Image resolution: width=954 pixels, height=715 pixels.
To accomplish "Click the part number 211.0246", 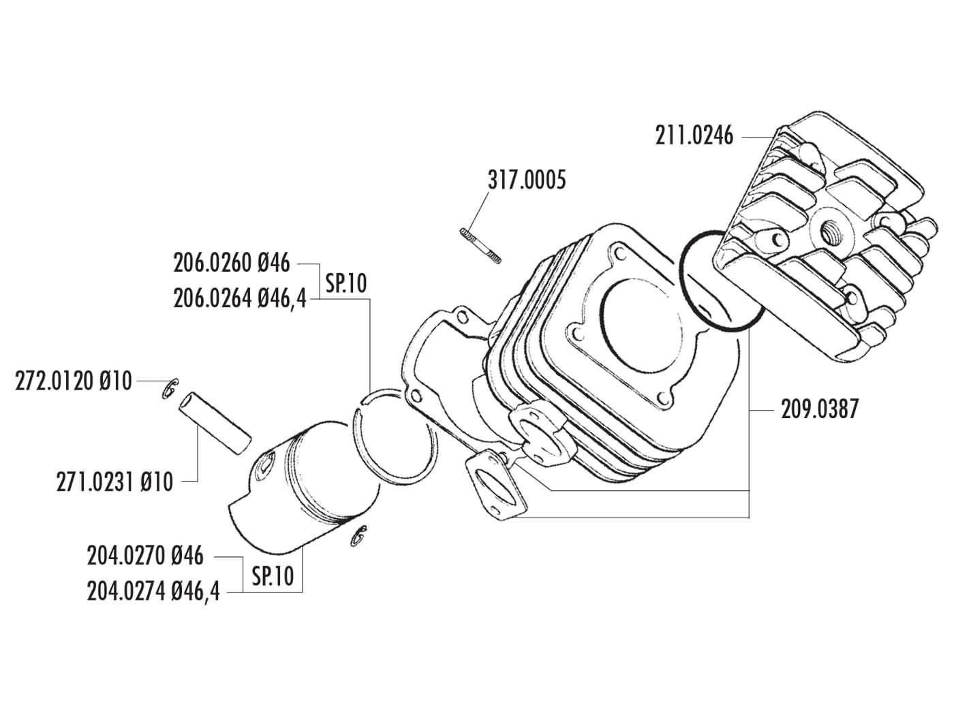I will tap(694, 136).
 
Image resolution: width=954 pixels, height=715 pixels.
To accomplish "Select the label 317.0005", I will tap(526, 180).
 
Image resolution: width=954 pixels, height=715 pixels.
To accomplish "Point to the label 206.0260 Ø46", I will tap(232, 263).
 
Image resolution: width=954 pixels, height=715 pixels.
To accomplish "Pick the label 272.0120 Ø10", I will tap(74, 382).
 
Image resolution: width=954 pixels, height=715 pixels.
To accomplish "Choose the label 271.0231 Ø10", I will tap(114, 482).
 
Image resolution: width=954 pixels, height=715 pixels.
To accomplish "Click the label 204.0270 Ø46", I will tap(145, 556).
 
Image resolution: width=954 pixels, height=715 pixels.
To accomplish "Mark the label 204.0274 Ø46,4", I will tap(153, 591).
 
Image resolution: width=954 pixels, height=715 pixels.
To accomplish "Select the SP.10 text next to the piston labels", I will tap(273, 576).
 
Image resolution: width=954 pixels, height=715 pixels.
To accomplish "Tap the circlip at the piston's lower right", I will tap(358, 536).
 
